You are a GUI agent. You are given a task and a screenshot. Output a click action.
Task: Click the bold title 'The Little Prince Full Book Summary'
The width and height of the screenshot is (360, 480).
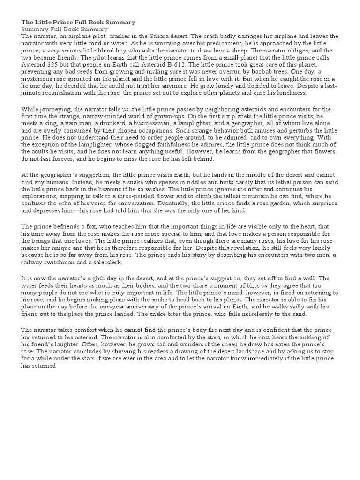78,22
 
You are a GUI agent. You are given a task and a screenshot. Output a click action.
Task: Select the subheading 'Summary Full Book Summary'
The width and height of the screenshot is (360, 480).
65,29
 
